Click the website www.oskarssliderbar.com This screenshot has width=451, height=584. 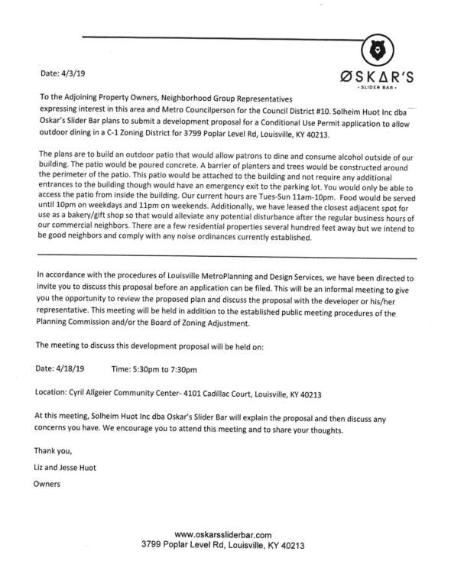point(223,535)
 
